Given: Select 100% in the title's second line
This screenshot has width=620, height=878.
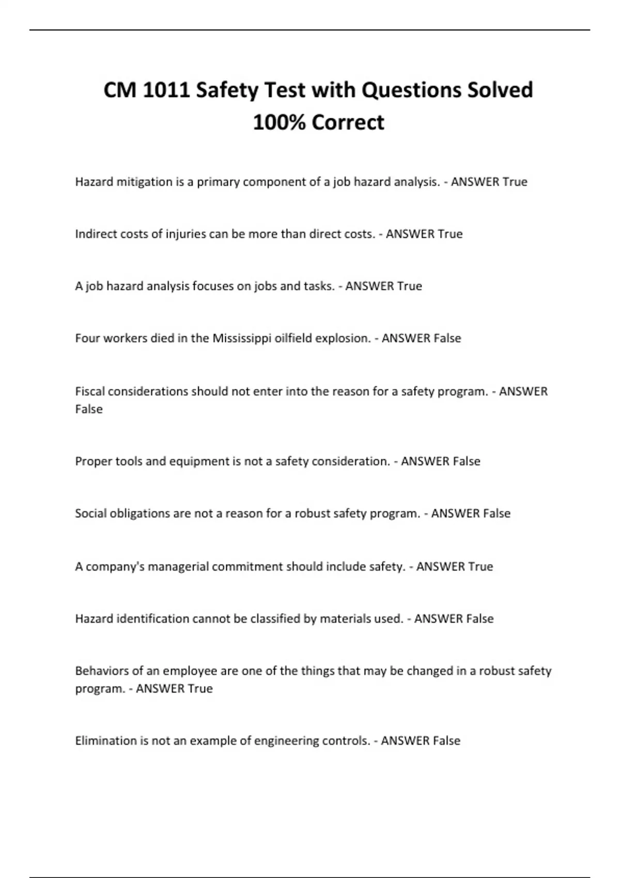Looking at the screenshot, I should (x=279, y=122).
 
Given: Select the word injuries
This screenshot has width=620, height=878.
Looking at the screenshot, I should (x=185, y=234).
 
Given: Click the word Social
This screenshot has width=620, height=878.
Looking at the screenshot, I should (x=90, y=513).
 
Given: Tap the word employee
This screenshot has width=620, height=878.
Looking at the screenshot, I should (x=190, y=671).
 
